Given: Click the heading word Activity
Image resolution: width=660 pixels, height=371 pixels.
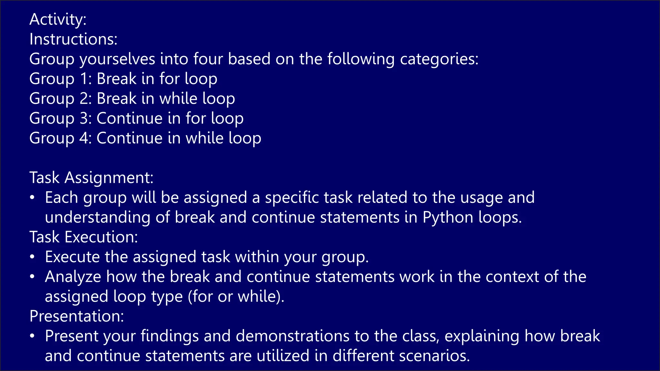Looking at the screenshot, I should [58, 19].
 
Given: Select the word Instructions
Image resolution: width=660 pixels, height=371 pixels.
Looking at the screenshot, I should [73, 39].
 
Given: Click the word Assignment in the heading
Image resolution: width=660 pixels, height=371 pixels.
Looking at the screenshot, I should [109, 178].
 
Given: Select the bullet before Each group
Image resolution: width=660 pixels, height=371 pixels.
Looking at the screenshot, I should [32, 197].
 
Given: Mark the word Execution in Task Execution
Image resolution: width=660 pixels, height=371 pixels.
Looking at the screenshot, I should [101, 237].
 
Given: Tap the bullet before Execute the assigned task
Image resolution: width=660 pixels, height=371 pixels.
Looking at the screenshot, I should [32, 257].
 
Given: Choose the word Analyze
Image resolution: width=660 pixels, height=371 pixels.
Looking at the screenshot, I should [73, 277].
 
